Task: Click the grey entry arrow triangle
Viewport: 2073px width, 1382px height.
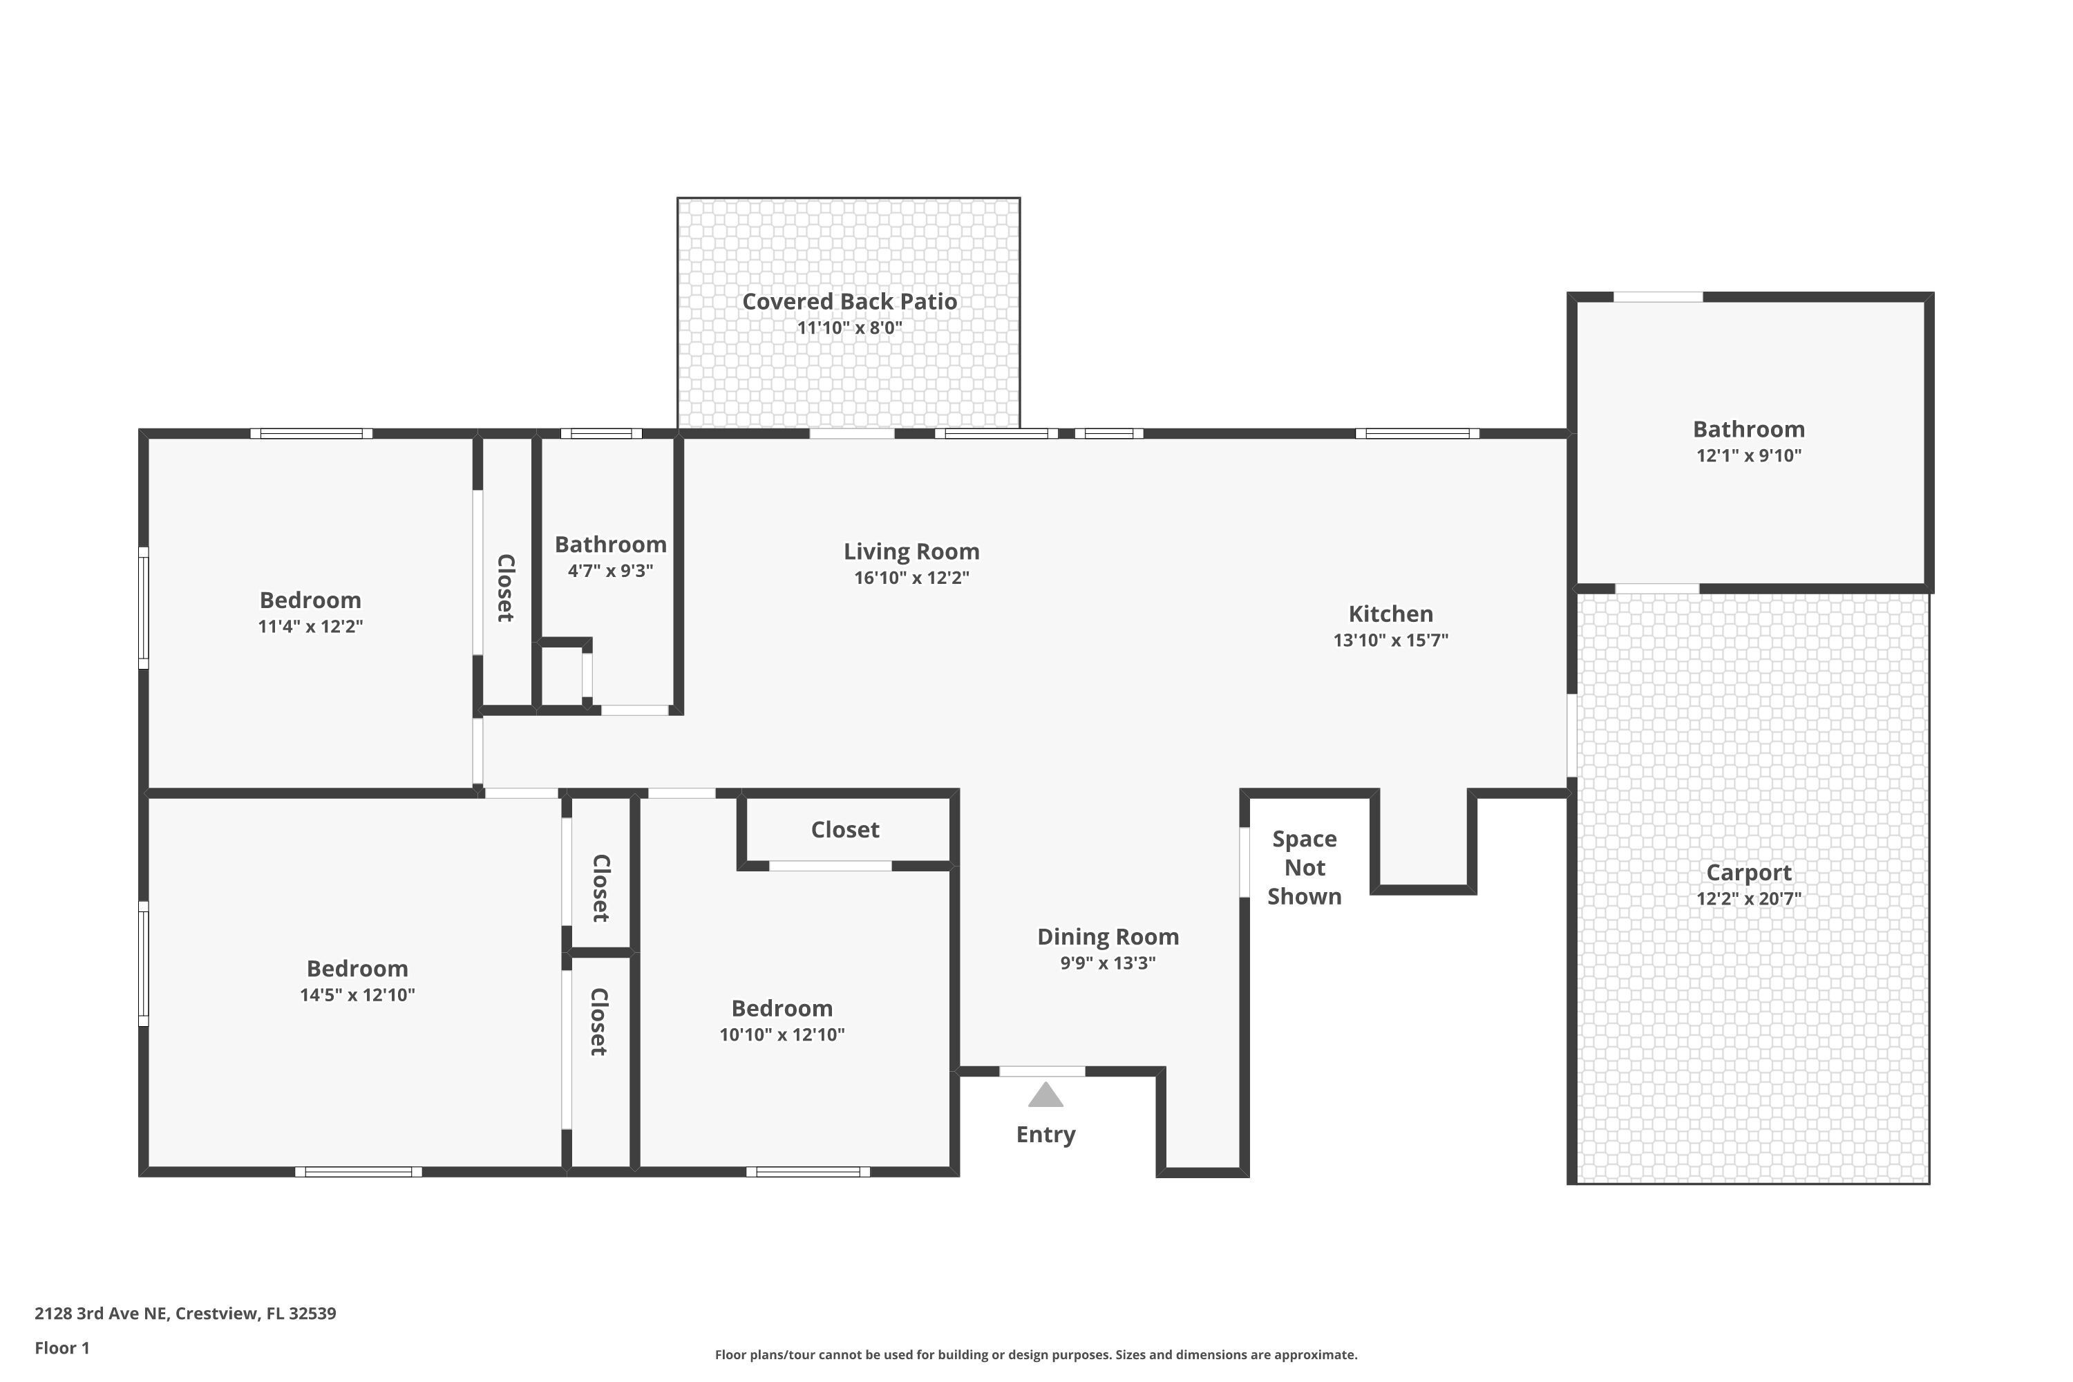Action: pos(1045,1095)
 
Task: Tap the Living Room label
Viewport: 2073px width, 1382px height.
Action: pos(911,551)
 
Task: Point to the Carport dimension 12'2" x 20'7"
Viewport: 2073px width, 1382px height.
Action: pos(1749,899)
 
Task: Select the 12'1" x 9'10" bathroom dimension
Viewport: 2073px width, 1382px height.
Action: pos(1749,455)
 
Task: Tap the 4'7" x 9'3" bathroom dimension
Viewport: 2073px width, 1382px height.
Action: pos(610,571)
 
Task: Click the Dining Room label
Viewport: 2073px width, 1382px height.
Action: pos(1107,937)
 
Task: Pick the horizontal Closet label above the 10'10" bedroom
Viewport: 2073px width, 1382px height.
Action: pos(844,831)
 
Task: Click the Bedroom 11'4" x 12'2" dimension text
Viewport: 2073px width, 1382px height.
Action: pos(310,627)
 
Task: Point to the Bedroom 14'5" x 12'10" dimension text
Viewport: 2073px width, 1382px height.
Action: pos(357,995)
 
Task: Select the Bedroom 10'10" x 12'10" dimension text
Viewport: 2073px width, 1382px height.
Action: pos(782,1034)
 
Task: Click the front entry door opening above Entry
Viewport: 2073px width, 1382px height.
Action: pos(1042,1072)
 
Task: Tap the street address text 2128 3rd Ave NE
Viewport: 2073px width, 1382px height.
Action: pos(185,1314)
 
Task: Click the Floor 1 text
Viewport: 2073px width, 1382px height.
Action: pos(61,1347)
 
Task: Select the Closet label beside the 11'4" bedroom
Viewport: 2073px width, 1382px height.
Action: pos(506,588)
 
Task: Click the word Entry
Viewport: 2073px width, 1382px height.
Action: pos(1045,1135)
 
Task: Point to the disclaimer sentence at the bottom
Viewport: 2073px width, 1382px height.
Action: pos(1036,1354)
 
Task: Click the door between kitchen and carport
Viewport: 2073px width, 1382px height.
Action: pos(1571,736)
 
